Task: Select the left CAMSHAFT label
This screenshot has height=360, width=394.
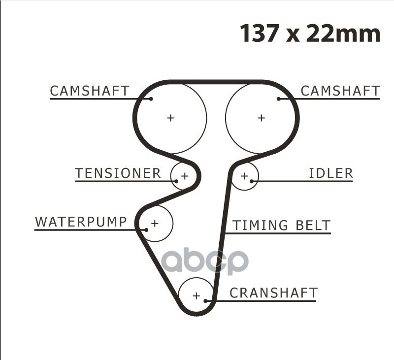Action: (x=90, y=91)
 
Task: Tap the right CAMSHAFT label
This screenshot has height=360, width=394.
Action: (x=340, y=91)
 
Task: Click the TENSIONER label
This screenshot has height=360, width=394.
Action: (x=118, y=173)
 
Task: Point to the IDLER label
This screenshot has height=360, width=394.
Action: (x=331, y=173)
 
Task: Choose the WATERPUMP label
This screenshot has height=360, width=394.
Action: (x=81, y=222)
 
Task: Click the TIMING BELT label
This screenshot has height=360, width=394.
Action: (x=281, y=226)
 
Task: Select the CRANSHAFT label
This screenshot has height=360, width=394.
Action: (x=273, y=293)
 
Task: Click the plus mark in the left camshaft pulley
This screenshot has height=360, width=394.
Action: (x=170, y=118)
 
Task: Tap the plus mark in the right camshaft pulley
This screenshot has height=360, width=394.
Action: (x=261, y=118)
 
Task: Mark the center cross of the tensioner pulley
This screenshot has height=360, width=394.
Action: (x=185, y=175)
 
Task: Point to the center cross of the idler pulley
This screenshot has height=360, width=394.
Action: (x=244, y=176)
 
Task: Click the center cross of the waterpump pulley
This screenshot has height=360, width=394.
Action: (x=155, y=224)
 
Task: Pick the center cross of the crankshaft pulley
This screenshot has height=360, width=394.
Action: (x=196, y=296)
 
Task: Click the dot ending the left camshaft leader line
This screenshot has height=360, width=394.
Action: (x=151, y=99)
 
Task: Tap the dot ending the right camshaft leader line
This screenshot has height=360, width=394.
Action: (x=279, y=99)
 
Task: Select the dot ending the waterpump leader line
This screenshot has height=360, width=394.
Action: (x=146, y=229)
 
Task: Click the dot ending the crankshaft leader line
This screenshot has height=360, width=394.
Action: (x=206, y=300)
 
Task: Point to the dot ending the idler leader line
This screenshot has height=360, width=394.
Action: (x=252, y=181)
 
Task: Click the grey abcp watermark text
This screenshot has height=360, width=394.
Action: (x=205, y=262)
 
